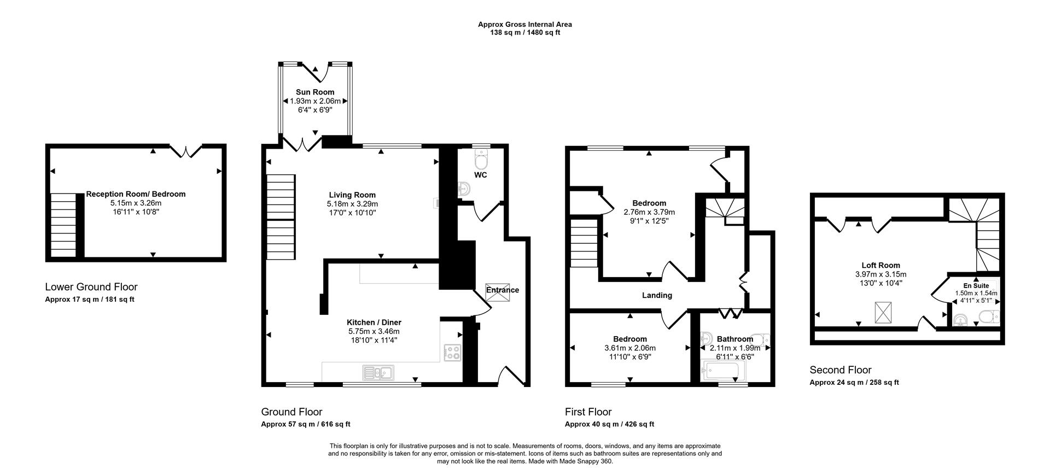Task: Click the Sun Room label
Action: click(315, 92)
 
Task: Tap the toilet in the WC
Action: click(481, 160)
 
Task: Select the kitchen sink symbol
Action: click(378, 373)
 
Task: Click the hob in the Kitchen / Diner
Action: click(452, 353)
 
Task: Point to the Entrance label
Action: click(502, 290)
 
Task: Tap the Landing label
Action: click(657, 295)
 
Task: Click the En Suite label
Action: click(976, 285)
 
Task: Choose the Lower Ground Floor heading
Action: click(91, 287)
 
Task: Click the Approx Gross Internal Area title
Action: click(524, 24)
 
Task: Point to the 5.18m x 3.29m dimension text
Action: click(352, 204)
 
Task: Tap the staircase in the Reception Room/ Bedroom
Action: click(63, 225)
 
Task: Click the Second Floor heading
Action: click(841, 370)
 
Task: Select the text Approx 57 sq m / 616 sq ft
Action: click(306, 424)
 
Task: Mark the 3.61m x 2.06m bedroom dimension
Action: click(629, 348)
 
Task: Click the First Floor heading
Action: click(588, 412)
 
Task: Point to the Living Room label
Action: click(352, 195)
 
